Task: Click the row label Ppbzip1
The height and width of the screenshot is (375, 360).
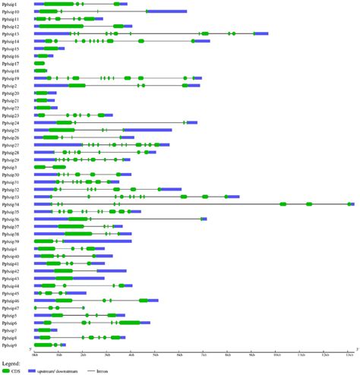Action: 11,5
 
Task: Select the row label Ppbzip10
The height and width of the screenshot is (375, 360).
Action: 11,12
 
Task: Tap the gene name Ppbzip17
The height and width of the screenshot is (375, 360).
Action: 11,63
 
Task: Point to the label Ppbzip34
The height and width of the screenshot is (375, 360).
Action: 11,204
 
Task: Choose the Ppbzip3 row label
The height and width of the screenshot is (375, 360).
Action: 10,167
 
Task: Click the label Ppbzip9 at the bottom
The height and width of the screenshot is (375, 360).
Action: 10,344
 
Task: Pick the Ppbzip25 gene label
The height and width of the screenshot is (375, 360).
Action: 11,131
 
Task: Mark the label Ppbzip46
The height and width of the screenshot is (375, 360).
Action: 11,300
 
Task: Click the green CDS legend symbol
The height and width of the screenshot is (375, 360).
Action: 6,370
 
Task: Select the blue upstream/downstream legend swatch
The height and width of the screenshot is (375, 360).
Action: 32,370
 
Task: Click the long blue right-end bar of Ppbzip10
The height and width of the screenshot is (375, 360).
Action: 166,12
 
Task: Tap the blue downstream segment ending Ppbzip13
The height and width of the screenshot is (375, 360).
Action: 261,34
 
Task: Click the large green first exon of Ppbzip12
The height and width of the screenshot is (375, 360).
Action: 61,27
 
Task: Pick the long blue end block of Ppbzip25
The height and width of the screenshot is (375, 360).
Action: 148,131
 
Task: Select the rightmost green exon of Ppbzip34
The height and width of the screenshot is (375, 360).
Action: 350,204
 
